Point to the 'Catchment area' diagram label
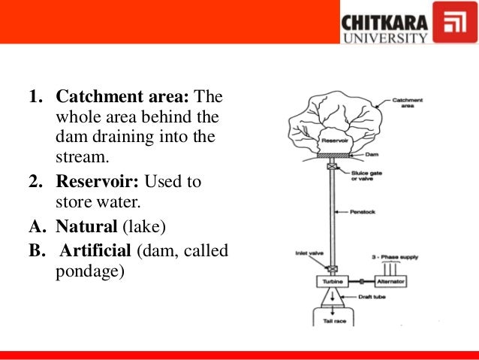(x=408, y=102)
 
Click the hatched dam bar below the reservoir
(x=330, y=156)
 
